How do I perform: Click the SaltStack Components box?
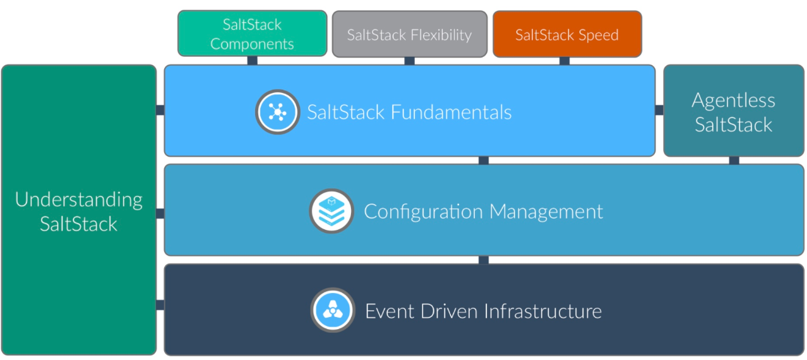click(252, 33)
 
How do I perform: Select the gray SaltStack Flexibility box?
click(409, 34)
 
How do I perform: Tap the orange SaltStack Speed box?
click(566, 34)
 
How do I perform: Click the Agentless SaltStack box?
click(733, 111)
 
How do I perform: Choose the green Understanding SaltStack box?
click(78, 210)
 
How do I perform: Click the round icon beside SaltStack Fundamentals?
click(277, 112)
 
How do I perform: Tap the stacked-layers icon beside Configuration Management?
click(331, 211)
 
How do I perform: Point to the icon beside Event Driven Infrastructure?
click(332, 310)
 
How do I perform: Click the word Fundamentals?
click(450, 112)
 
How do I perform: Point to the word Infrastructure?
click(542, 311)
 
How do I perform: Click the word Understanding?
click(78, 199)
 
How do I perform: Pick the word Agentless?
click(733, 100)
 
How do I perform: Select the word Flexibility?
click(441, 35)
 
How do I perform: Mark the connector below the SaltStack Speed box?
click(565, 61)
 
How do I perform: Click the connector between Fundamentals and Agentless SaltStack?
click(659, 110)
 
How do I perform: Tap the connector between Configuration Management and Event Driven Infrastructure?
click(484, 260)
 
